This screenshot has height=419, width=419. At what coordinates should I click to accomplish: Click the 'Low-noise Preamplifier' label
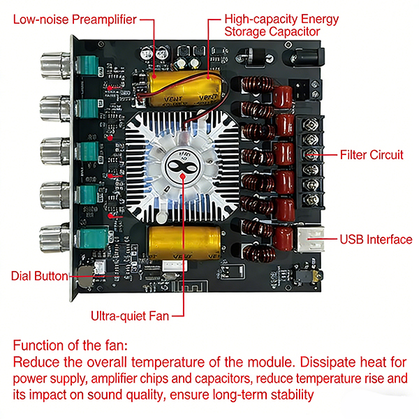point(73,20)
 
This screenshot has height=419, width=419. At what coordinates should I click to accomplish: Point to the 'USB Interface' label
point(376,240)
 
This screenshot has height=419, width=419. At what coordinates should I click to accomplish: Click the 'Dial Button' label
point(39,275)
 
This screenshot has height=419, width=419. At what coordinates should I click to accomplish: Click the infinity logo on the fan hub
point(184,168)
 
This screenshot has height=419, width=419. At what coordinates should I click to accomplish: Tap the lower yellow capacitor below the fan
point(184,243)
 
